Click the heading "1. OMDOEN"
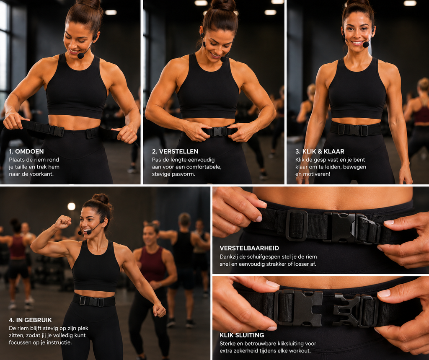(x=26, y=151)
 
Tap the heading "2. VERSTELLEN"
(x=175, y=151)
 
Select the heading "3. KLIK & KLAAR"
(x=320, y=151)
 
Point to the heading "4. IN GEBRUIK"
(x=30, y=320)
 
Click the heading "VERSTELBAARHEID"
(x=249, y=248)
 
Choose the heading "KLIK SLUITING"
(x=242, y=335)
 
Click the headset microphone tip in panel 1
(x=81, y=56)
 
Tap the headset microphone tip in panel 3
(x=366, y=44)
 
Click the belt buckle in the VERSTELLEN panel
(x=219, y=132)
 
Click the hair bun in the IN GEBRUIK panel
(x=101, y=198)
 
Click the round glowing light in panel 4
(x=71, y=207)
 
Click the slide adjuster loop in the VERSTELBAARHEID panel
(x=297, y=225)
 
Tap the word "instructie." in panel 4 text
(x=59, y=342)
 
